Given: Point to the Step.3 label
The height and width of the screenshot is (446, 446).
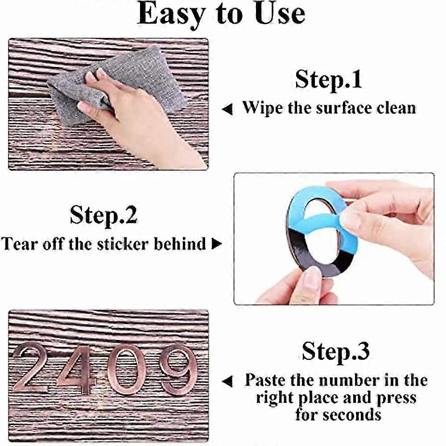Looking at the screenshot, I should (335, 351).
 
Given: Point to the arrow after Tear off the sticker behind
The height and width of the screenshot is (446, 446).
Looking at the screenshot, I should (217, 244).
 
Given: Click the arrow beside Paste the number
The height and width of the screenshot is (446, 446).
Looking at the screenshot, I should (227, 381).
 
